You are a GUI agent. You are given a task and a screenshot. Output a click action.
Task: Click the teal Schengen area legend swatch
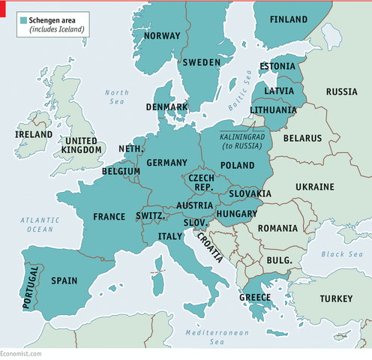point(23,19)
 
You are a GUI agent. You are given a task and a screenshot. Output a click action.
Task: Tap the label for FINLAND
point(288,19)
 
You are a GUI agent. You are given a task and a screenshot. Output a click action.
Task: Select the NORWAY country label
point(161,36)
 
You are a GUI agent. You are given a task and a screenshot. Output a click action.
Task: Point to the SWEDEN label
point(201,62)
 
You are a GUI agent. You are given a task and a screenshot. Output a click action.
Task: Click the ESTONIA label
point(277,66)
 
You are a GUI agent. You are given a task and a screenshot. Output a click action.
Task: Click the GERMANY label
point(166,163)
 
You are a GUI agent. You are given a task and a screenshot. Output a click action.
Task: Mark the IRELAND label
point(33,135)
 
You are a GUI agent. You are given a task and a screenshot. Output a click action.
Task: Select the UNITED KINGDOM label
point(82,145)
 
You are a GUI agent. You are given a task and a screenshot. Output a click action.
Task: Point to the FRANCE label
point(109,217)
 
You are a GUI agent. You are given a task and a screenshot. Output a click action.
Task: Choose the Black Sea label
point(342,254)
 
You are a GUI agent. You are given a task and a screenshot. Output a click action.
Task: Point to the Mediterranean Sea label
point(213,336)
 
